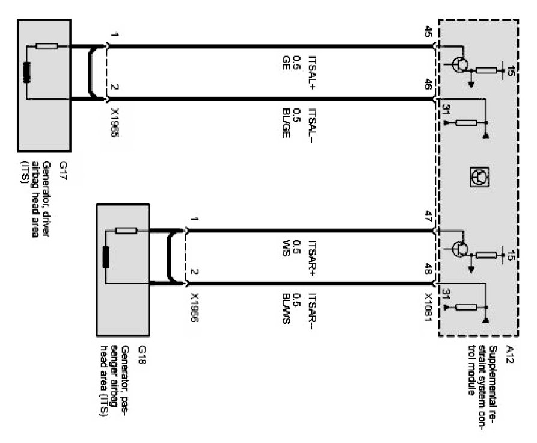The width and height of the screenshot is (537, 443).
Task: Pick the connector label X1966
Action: pyautogui.click(x=194, y=308)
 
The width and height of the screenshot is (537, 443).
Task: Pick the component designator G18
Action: pyautogui.click(x=142, y=352)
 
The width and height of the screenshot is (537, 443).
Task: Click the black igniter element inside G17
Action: pyautogui.click(x=27, y=73)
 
